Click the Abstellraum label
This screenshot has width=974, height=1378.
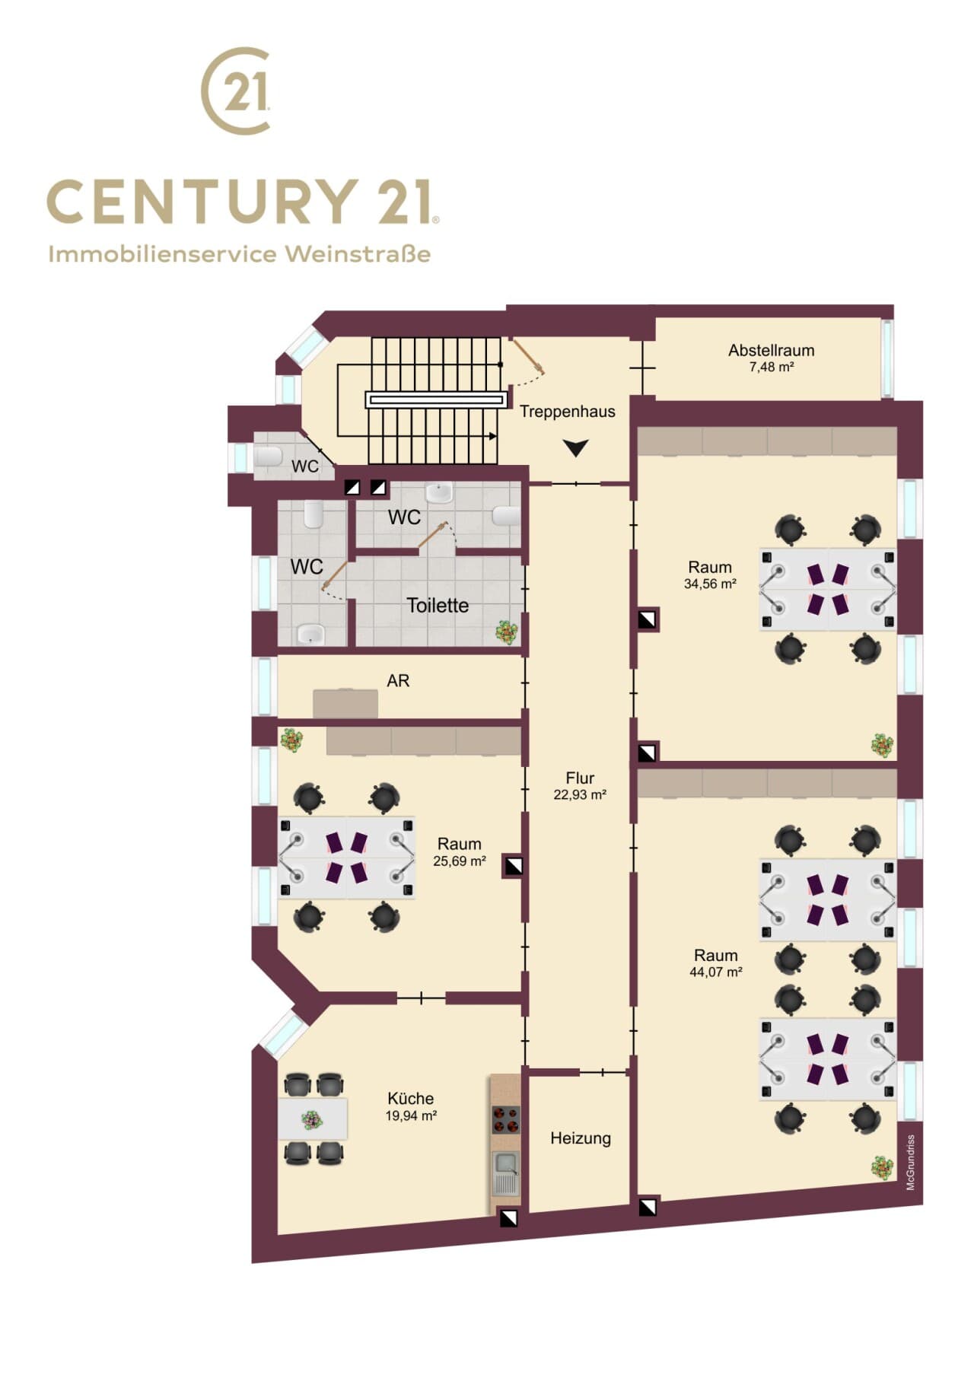[771, 351]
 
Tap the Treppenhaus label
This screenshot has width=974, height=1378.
[568, 412]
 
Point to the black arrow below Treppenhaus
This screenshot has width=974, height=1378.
[576, 448]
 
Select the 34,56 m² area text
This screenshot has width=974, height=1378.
[710, 584]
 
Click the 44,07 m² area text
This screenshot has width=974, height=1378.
[716, 972]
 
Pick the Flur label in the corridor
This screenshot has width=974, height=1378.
[580, 778]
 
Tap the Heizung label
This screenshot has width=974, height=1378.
[581, 1138]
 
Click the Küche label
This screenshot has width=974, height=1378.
[411, 1099]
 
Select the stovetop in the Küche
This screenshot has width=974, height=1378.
[506, 1120]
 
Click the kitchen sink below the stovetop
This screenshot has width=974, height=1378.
[506, 1172]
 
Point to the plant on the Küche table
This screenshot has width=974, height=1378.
[311, 1119]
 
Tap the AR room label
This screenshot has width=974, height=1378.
[398, 681]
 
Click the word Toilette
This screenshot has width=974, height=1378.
[438, 606]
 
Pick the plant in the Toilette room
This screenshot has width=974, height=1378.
[507, 632]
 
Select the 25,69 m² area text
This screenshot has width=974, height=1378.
[460, 861]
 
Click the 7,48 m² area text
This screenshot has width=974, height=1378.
[772, 367]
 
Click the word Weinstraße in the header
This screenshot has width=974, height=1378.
[358, 253]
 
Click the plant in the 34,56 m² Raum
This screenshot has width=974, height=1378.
[883, 745]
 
